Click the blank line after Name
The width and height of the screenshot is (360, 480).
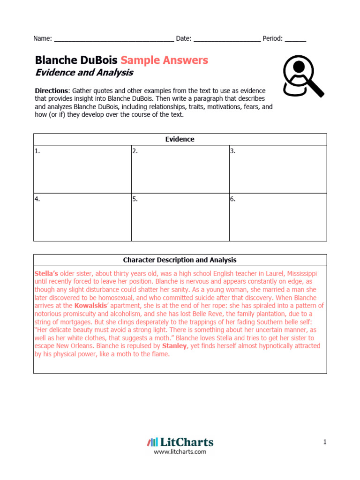pyautogui.click(x=114, y=39)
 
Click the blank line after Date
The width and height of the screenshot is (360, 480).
pyautogui.click(x=227, y=39)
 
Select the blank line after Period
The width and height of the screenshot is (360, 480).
pyautogui.click(x=295, y=39)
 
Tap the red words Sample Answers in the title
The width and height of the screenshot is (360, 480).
pyautogui.click(x=164, y=60)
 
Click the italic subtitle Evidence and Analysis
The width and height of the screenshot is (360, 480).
pyautogui.click(x=84, y=73)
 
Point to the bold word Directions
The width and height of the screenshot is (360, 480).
pyautogui.click(x=52, y=90)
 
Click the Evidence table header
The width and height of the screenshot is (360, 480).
pyautogui.click(x=180, y=139)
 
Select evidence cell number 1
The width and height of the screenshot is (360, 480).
pyautogui.click(x=82, y=169)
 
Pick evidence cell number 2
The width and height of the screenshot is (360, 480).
pyautogui.click(x=180, y=169)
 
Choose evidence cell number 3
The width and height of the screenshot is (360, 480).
pyautogui.click(x=277, y=169)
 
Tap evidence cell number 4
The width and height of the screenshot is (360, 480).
pyautogui.click(x=82, y=217)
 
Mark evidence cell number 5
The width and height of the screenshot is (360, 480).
pyautogui.click(x=180, y=217)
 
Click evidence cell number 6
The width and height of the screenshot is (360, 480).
pyautogui.click(x=277, y=217)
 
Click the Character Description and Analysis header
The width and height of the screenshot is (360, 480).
pyautogui.click(x=180, y=260)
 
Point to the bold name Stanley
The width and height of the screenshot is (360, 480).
pyautogui.click(x=174, y=346)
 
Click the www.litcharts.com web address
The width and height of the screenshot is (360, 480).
pyautogui.click(x=180, y=452)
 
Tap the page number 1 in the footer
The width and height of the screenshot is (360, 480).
pyautogui.click(x=324, y=442)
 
